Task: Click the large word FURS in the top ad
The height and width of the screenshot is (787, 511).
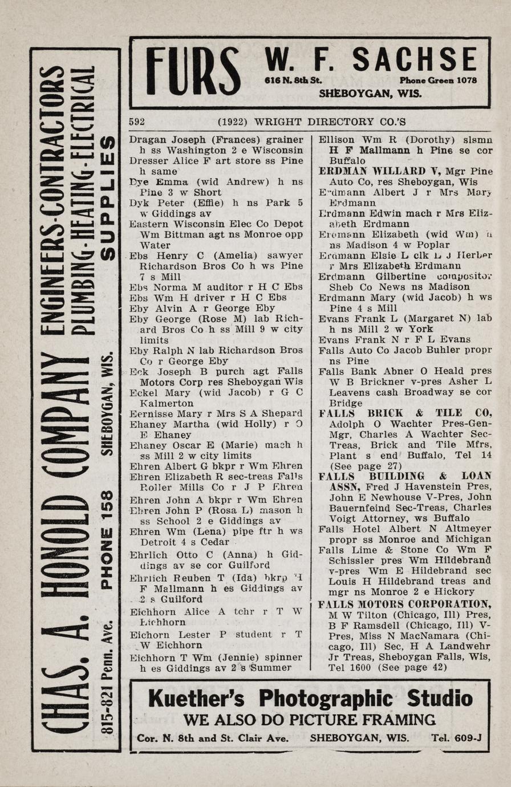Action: coord(193,72)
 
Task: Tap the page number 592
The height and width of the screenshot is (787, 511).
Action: coord(137,121)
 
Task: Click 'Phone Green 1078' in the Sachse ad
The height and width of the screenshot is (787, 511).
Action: coord(438,80)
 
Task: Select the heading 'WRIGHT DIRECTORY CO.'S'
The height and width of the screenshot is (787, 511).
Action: coord(330,121)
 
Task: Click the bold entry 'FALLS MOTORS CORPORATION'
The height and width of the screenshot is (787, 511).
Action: coord(404,604)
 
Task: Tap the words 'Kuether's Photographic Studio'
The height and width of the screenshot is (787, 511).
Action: coord(310,698)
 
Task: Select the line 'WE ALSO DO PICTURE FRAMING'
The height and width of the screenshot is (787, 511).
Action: coord(310,719)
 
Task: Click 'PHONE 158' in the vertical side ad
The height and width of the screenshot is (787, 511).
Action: coord(106,539)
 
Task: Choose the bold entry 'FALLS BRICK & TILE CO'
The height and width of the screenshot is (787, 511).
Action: coord(404,413)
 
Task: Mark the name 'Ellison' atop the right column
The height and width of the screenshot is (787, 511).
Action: coord(335,140)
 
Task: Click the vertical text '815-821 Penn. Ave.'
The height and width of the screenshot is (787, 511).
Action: coord(106,679)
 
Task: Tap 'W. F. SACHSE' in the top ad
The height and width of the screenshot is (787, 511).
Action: coord(370,60)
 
